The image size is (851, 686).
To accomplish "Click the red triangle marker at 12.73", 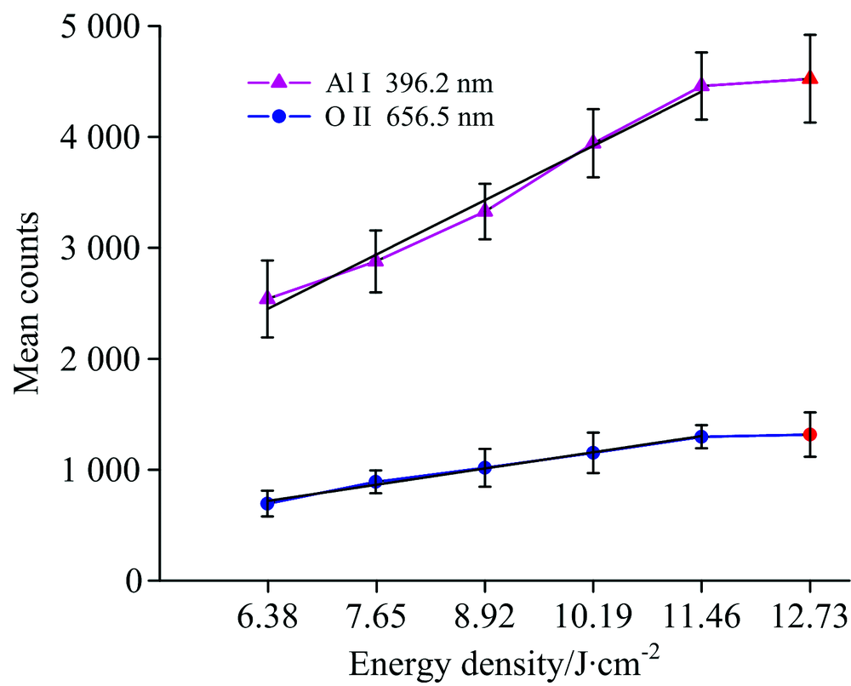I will coord(810,78).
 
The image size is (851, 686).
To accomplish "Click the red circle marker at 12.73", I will coord(810,434).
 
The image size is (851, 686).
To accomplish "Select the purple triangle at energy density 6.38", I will coord(267,298).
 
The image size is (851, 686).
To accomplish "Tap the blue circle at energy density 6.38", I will coord(267,503).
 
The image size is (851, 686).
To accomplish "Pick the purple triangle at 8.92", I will coord(484,210).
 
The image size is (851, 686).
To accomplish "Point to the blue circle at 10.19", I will coord(592,452).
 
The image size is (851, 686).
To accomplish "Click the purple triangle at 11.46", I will coord(701,85).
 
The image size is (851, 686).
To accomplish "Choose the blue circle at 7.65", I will coord(376,483).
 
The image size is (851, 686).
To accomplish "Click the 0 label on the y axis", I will coord(129,580).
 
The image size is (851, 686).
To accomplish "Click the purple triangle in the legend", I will coord(277,83).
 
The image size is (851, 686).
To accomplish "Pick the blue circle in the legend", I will coord(277,117).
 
